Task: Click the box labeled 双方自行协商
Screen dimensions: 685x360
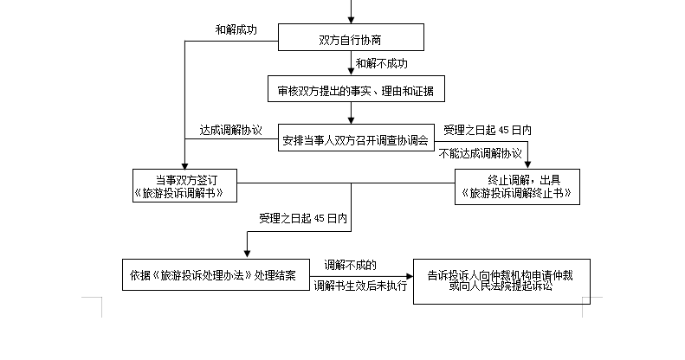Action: coord(351,37)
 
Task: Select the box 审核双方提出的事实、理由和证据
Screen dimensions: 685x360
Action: coord(356,89)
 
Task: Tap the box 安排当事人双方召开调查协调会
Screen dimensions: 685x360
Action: coord(356,138)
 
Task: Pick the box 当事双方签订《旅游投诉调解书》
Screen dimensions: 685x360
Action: coord(184,186)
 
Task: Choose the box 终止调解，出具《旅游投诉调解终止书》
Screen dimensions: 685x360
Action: coord(517,187)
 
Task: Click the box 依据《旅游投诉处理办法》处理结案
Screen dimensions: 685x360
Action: coord(216,275)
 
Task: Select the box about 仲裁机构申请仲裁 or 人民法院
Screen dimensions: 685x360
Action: coord(501,281)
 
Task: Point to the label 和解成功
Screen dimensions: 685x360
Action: coord(236,29)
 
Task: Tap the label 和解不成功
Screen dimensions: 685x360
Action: coord(381,64)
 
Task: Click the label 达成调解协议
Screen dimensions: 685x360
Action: coord(230,130)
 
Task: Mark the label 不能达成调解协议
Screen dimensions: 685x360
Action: coord(480,153)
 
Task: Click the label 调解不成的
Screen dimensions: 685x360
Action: coord(350,265)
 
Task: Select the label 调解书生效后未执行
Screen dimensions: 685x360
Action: coord(360,286)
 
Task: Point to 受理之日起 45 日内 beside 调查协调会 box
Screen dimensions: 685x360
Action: coord(488,130)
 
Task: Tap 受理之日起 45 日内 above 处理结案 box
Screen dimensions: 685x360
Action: coord(303,218)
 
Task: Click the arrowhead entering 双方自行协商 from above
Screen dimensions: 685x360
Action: coord(351,20)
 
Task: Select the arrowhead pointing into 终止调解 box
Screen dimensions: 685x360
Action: coord(527,165)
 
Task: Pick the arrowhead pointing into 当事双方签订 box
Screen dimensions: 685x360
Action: coord(184,166)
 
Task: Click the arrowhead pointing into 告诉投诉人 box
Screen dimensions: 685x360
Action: coord(410,276)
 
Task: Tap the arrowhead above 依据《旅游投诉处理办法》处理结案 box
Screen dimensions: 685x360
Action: coord(248,254)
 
